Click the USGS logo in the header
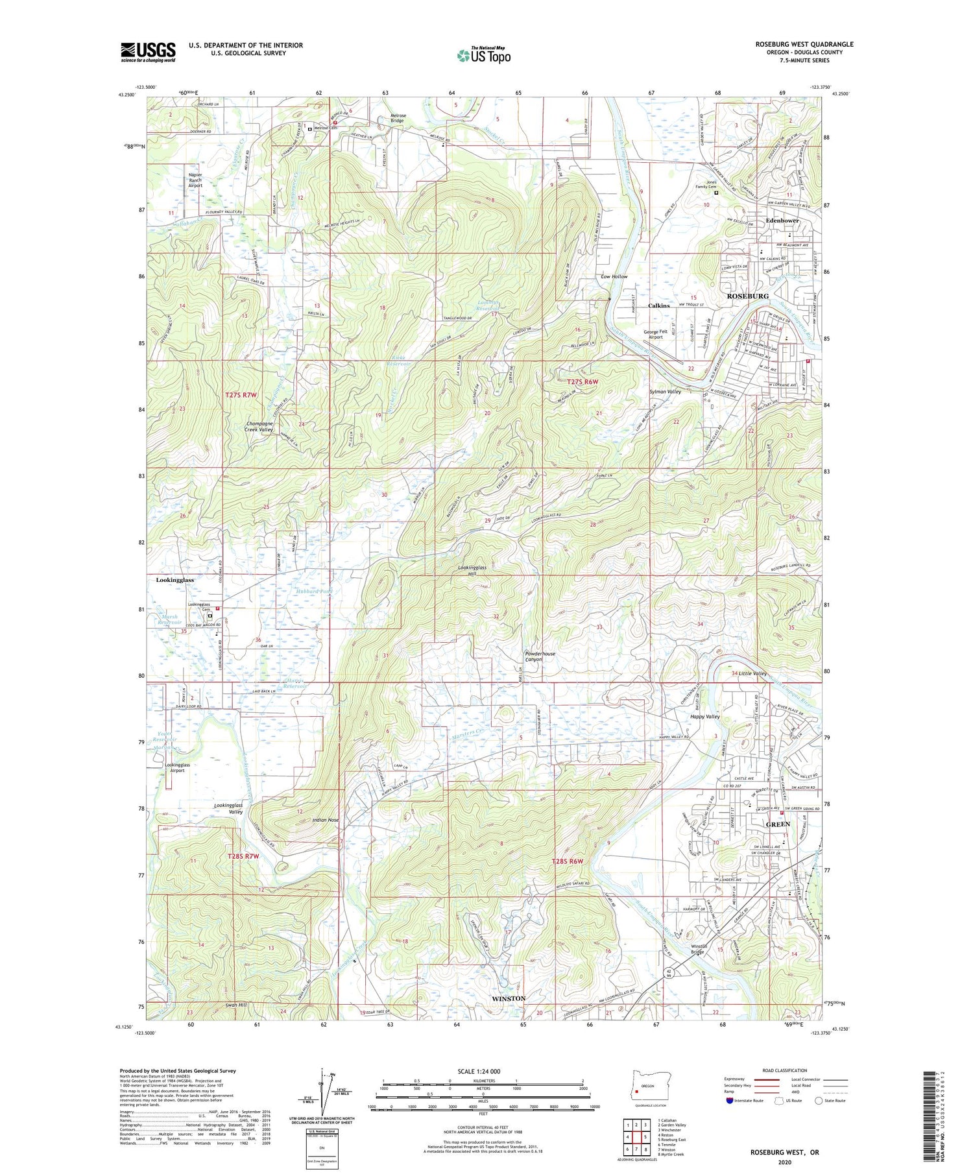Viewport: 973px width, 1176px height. pyautogui.click(x=148, y=52)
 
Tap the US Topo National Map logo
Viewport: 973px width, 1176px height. pyautogui.click(x=483, y=55)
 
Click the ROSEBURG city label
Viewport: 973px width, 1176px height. pyautogui.click(x=747, y=296)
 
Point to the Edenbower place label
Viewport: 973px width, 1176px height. pyautogui.click(x=782, y=221)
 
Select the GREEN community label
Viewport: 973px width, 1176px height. pyautogui.click(x=778, y=824)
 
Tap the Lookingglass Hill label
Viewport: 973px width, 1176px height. pyautogui.click(x=476, y=571)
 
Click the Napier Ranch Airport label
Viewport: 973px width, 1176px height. pyautogui.click(x=195, y=180)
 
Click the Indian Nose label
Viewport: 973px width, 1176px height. pyautogui.click(x=326, y=820)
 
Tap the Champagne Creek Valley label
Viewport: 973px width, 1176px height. pyautogui.click(x=259, y=426)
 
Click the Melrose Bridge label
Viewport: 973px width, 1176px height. pyautogui.click(x=397, y=118)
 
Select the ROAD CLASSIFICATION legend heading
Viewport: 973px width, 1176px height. pyautogui.click(x=785, y=1070)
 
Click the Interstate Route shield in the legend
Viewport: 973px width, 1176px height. pyautogui.click(x=729, y=1101)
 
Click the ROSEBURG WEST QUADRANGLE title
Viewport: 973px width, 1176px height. pyautogui.click(x=804, y=44)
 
